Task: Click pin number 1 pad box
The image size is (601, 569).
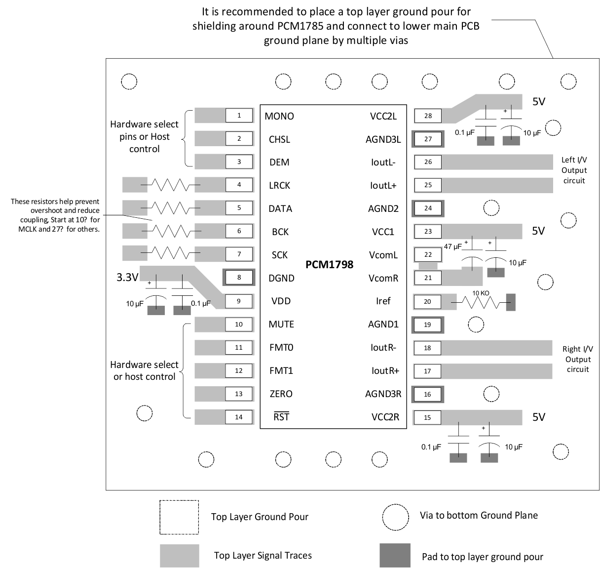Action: point(239,116)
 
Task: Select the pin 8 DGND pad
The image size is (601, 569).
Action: point(239,278)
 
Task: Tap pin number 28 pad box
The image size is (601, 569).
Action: point(428,116)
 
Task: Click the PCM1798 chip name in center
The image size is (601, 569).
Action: point(329,265)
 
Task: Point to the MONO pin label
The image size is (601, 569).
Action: point(279,116)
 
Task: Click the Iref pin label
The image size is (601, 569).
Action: point(383,301)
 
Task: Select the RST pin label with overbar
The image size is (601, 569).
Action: point(281,417)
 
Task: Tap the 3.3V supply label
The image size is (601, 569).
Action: point(127,277)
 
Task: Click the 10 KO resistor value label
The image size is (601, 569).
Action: point(481,293)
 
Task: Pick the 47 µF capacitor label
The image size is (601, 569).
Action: point(453,246)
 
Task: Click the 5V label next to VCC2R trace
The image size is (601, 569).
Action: point(539,417)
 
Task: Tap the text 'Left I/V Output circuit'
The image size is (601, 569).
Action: point(574,170)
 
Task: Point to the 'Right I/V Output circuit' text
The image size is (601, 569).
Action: point(578,359)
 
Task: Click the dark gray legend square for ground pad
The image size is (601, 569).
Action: point(395,556)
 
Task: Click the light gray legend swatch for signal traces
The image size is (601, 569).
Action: point(179,556)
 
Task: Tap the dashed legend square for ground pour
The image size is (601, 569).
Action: point(179,517)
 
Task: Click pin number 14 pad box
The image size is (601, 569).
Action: point(239,417)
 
